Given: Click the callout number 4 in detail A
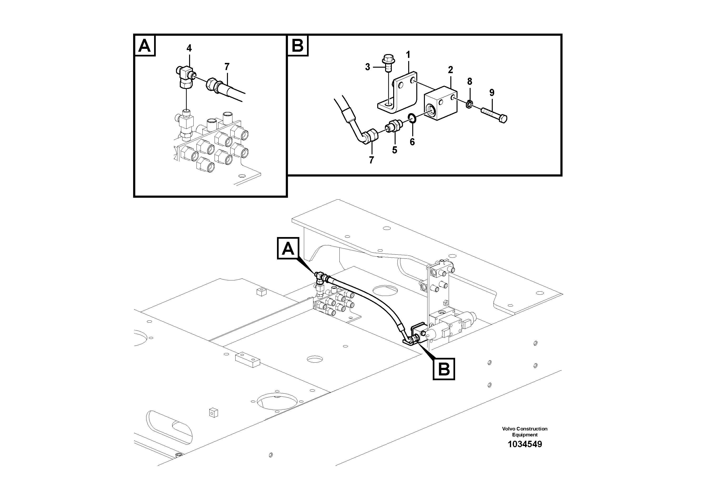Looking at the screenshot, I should pos(189,48).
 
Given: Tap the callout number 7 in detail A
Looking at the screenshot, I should pos(227,67).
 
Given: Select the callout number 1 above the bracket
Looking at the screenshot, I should pos(408,55).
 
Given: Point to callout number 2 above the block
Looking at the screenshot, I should pos(451,70).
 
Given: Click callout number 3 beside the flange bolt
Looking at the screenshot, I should pos(367,67).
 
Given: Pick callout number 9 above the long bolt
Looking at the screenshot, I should pos(492,93).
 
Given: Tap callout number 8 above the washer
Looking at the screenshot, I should pos(470,81).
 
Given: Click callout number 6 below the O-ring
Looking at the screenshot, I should pos(412,142).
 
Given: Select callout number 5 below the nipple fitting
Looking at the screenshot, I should pos(395,150).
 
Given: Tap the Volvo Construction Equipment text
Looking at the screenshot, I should pos(525,431).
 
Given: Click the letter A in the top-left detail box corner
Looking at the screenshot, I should pos(145,46).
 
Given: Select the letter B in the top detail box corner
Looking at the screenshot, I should pos(298,46).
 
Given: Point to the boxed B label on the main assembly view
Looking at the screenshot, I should pos(444,369).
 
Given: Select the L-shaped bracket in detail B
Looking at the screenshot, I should pos(399,93).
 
